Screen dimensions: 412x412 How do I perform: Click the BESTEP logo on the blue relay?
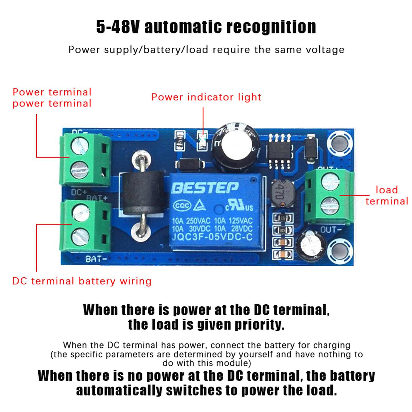pos(205,188)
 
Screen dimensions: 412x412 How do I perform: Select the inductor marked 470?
pos(283,193)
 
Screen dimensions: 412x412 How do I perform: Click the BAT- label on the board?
pos(96,259)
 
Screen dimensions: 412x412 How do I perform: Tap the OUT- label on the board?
pos(331,229)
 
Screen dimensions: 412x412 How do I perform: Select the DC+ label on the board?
pos(79,192)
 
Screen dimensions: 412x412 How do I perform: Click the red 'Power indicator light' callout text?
pos(206,97)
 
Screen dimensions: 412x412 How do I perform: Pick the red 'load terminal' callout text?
pos(387,195)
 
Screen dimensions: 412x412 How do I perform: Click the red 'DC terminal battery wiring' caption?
pos(82,281)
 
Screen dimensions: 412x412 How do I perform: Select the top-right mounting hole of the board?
pos(340,143)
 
